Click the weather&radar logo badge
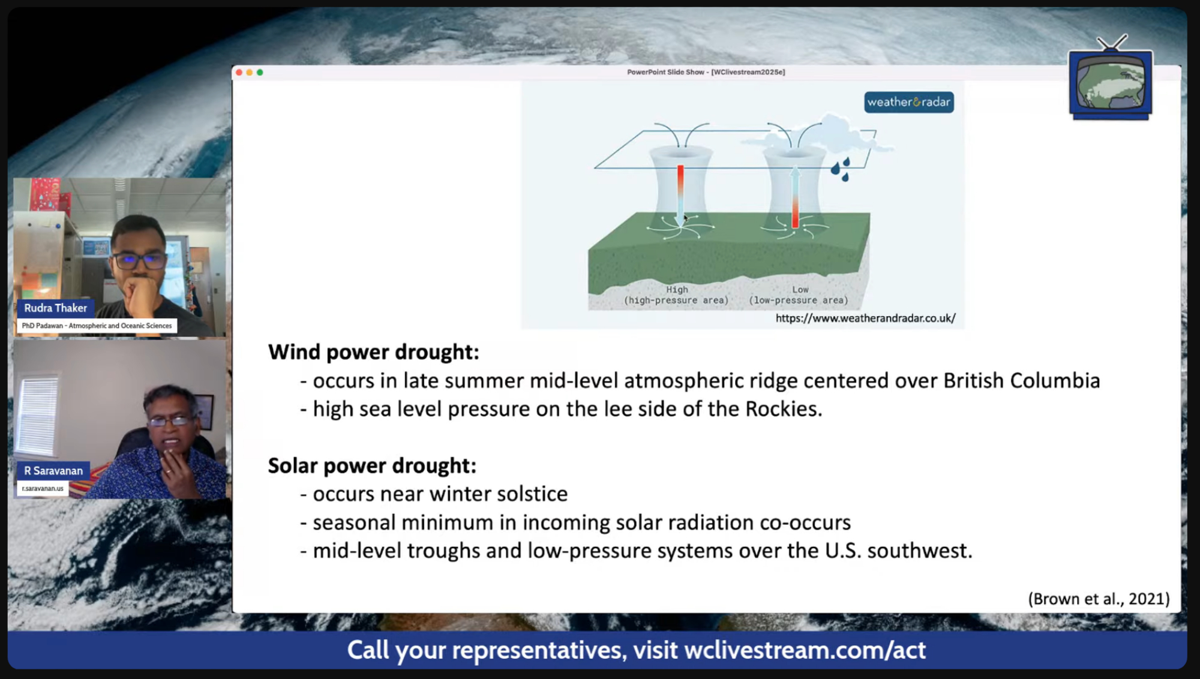[909, 102]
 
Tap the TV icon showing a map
[1111, 79]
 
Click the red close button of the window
[239, 72]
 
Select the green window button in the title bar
[260, 72]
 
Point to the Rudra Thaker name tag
[55, 308]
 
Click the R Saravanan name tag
[53, 471]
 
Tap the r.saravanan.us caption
[43, 488]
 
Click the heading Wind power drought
[373, 352]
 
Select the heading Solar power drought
[372, 465]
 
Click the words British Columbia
[1021, 381]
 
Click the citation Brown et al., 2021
[1099, 599]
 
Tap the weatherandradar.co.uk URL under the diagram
[865, 319]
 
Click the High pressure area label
[676, 295]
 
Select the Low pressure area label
[799, 295]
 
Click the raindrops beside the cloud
[841, 169]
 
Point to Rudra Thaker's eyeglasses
[138, 260]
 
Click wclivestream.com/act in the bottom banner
[805, 650]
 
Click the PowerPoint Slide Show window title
[706, 72]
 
